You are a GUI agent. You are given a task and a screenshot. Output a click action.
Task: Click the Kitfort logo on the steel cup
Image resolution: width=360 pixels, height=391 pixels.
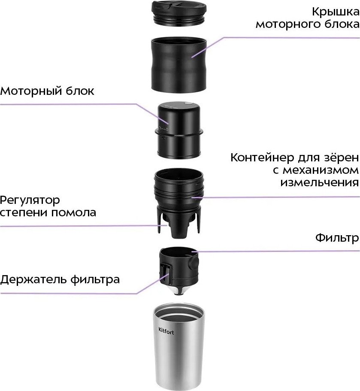point(167,331)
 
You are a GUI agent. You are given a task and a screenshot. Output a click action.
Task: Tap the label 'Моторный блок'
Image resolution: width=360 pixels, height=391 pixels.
point(47,91)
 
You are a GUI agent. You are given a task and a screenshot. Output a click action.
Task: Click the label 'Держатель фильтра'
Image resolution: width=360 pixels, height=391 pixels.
point(60,280)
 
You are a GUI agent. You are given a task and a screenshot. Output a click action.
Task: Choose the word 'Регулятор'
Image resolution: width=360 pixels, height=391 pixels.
point(30,200)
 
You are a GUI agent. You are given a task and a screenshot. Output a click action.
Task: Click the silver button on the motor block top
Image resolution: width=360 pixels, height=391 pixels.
point(187,104)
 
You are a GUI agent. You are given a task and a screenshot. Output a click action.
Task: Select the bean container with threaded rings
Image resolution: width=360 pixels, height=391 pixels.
point(180,193)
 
